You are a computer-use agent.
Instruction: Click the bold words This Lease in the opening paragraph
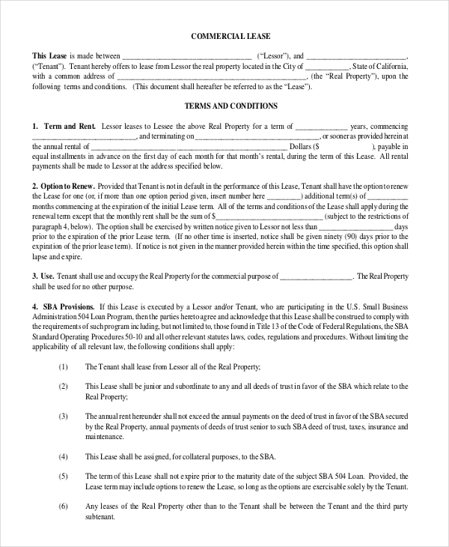(49, 56)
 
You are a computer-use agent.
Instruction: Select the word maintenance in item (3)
(105, 435)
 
